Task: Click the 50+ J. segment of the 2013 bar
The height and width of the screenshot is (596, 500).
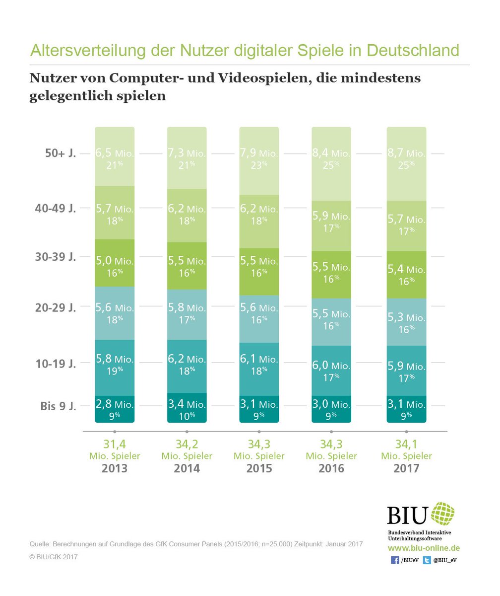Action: (115, 156)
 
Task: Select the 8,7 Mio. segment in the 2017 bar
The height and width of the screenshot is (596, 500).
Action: (406, 164)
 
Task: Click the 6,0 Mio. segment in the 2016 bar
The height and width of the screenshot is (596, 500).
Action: (331, 371)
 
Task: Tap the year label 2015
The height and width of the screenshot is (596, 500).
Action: (258, 468)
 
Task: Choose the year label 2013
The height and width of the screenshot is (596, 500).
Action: (114, 468)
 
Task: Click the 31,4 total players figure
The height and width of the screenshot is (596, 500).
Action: (114, 444)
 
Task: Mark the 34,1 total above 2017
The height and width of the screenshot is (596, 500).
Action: (406, 444)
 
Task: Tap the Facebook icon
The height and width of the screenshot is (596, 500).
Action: (395, 560)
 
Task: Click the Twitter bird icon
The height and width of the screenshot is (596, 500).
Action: (427, 560)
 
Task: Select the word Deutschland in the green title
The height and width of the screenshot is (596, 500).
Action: (402, 51)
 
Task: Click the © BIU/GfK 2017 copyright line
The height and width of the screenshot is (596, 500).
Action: (54, 557)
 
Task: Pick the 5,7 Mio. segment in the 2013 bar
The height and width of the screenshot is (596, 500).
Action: (115, 213)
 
